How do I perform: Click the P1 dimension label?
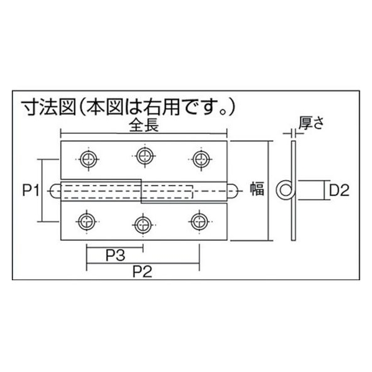(x=30, y=190)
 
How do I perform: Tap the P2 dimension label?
(x=142, y=272)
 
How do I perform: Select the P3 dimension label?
(x=115, y=255)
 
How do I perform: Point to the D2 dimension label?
(x=340, y=190)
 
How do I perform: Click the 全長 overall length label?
(x=144, y=126)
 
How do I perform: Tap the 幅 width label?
(x=257, y=188)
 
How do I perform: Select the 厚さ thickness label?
(x=311, y=123)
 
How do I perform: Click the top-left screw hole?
(x=88, y=159)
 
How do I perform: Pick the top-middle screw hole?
(x=145, y=156)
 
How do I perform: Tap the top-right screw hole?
(x=201, y=159)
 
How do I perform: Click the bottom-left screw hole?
(x=87, y=222)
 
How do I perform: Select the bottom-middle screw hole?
(x=143, y=225)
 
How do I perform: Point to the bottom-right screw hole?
(x=200, y=221)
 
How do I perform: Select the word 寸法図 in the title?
(x=49, y=108)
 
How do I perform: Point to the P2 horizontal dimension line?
(x=143, y=263)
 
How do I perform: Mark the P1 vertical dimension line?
(x=42, y=190)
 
